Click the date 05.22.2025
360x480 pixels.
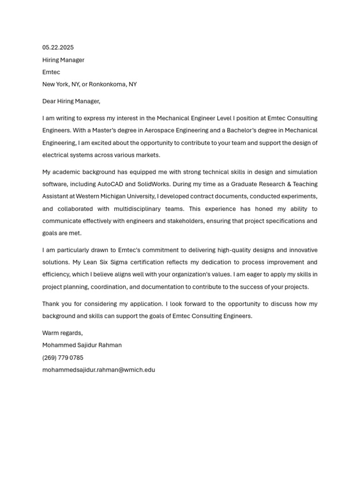click(58, 47)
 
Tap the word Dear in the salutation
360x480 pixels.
click(49, 101)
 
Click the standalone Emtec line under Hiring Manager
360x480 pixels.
click(51, 72)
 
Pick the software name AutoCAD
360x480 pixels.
click(110, 184)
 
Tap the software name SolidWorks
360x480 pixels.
click(145, 184)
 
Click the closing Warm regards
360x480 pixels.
click(62, 333)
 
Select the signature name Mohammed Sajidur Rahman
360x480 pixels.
click(82, 345)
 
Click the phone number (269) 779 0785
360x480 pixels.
click(63, 358)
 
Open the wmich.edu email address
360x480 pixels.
click(98, 370)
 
